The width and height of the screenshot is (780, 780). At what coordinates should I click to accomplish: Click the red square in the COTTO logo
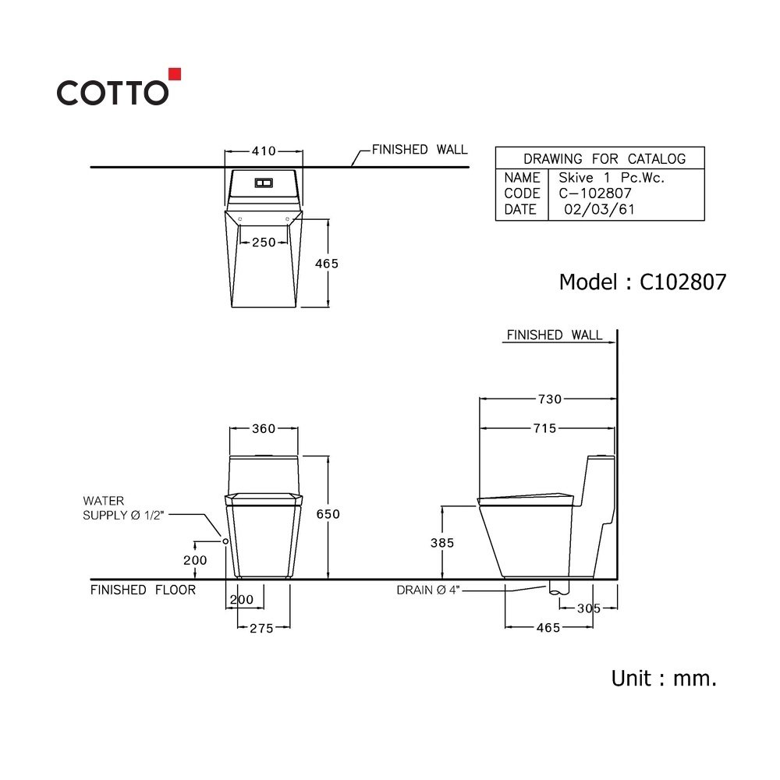(175, 73)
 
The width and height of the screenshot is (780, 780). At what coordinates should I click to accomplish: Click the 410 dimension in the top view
(264, 151)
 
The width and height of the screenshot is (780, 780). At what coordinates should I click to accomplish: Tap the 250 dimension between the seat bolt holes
(264, 243)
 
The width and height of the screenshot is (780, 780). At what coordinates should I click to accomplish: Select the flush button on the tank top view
(264, 183)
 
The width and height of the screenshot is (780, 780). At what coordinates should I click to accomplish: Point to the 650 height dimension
(328, 514)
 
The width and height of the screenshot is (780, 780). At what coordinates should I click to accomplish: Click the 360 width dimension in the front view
(264, 428)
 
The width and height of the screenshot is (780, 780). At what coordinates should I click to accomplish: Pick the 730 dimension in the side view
(550, 399)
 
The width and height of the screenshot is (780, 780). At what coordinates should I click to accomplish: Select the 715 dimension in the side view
(544, 428)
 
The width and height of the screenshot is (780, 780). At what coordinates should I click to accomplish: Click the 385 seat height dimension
(442, 543)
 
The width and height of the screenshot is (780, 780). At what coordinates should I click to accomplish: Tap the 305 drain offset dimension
(589, 608)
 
